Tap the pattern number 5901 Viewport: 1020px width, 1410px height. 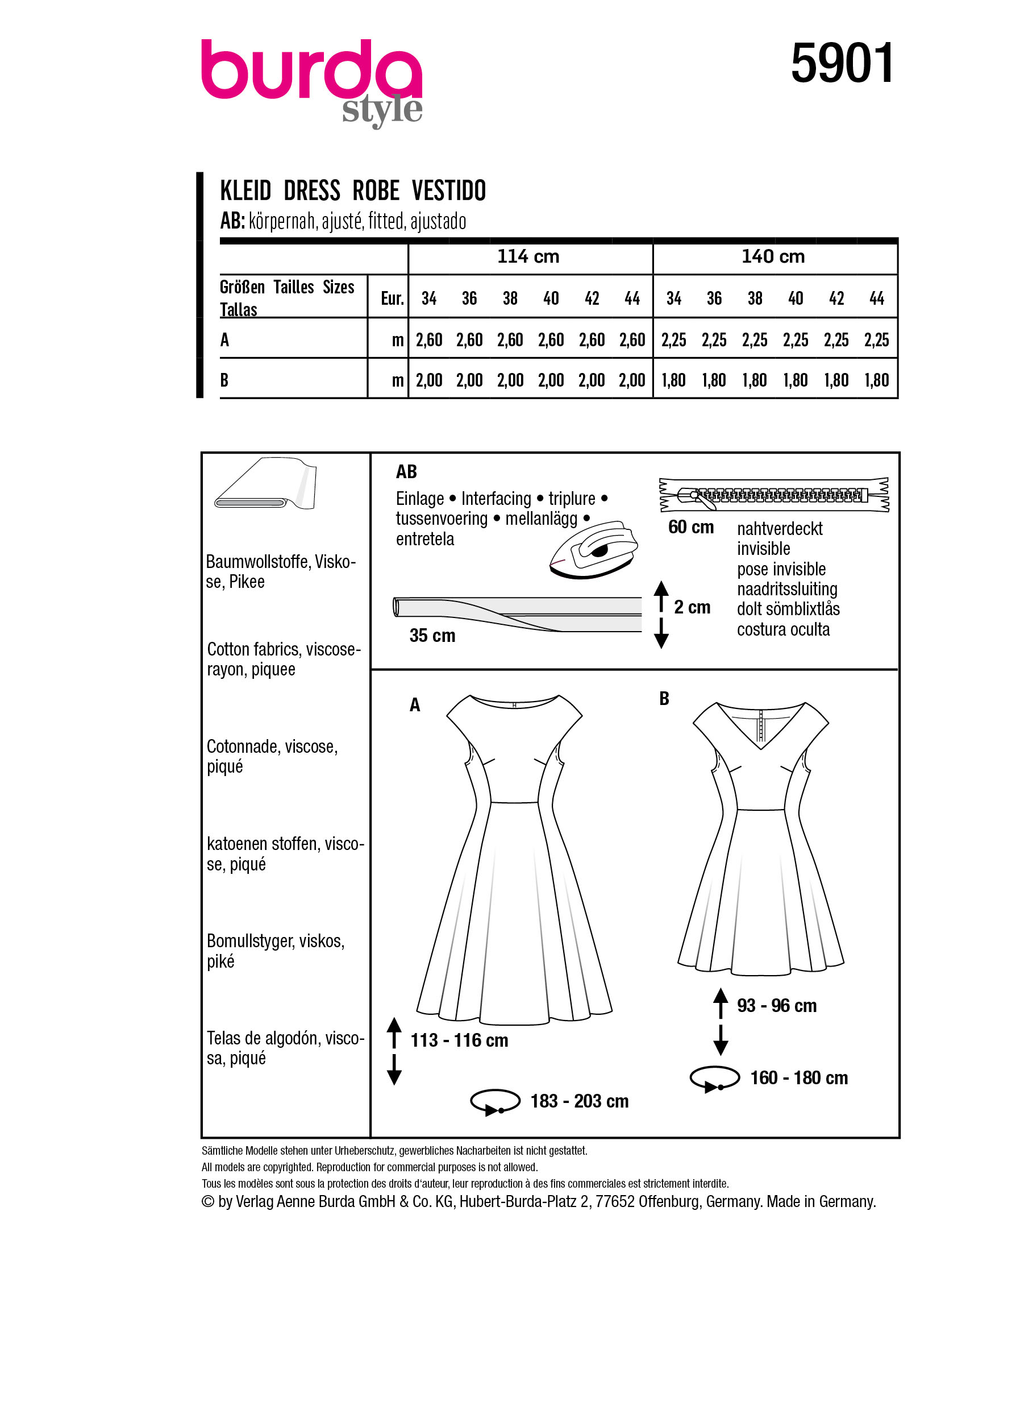point(842,64)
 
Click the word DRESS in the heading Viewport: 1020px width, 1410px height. point(312,191)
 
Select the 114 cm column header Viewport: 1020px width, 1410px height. point(528,257)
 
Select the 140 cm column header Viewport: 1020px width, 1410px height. point(773,257)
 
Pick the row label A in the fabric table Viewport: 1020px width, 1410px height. point(225,340)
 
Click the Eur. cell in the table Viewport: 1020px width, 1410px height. point(392,298)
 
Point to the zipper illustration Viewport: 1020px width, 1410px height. point(773,495)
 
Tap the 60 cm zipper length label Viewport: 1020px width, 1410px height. point(691,527)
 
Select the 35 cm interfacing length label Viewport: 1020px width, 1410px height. point(432,636)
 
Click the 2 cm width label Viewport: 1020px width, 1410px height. point(692,607)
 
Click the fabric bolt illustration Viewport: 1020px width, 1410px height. point(266,484)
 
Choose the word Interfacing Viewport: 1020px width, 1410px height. point(496,499)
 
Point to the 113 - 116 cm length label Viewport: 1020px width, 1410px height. point(459,1040)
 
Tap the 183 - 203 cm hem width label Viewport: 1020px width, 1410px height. point(579,1101)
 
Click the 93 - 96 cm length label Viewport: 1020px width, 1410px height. point(776,1005)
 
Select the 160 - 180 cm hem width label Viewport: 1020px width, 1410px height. point(799,1077)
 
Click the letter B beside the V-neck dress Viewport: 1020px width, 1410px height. point(664,699)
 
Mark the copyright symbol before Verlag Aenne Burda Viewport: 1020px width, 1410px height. point(207,1202)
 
